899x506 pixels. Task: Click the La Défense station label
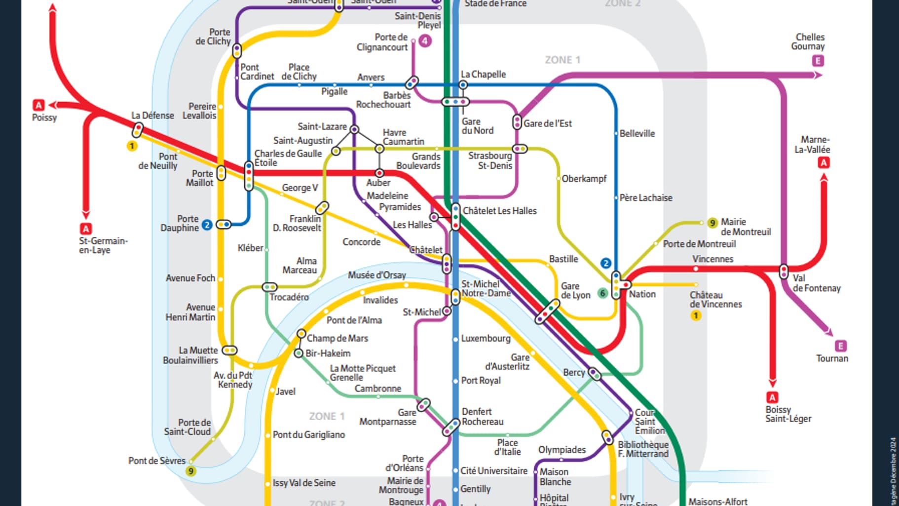[152, 116]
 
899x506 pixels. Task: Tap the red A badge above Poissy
[38, 105]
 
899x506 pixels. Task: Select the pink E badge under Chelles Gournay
[818, 61]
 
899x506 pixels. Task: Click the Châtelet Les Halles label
[499, 211]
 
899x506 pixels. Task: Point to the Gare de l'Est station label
[548, 123]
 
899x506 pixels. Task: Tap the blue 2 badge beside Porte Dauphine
[207, 225]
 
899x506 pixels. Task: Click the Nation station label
[642, 294]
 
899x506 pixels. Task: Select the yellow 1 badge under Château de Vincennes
[696, 315]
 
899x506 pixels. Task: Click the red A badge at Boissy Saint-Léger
[772, 397]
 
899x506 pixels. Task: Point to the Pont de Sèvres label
[157, 461]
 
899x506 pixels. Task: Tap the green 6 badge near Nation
[602, 293]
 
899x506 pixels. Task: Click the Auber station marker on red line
[379, 173]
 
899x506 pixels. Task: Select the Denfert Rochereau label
[482, 417]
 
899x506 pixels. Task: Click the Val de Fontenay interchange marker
[784, 272]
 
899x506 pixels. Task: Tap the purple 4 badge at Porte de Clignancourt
[425, 41]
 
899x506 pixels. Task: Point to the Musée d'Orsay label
[376, 275]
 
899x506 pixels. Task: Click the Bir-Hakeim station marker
[299, 353]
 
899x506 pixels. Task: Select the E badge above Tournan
[841, 346]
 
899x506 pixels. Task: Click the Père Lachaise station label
[645, 198]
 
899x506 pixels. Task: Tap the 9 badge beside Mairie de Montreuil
[712, 223]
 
